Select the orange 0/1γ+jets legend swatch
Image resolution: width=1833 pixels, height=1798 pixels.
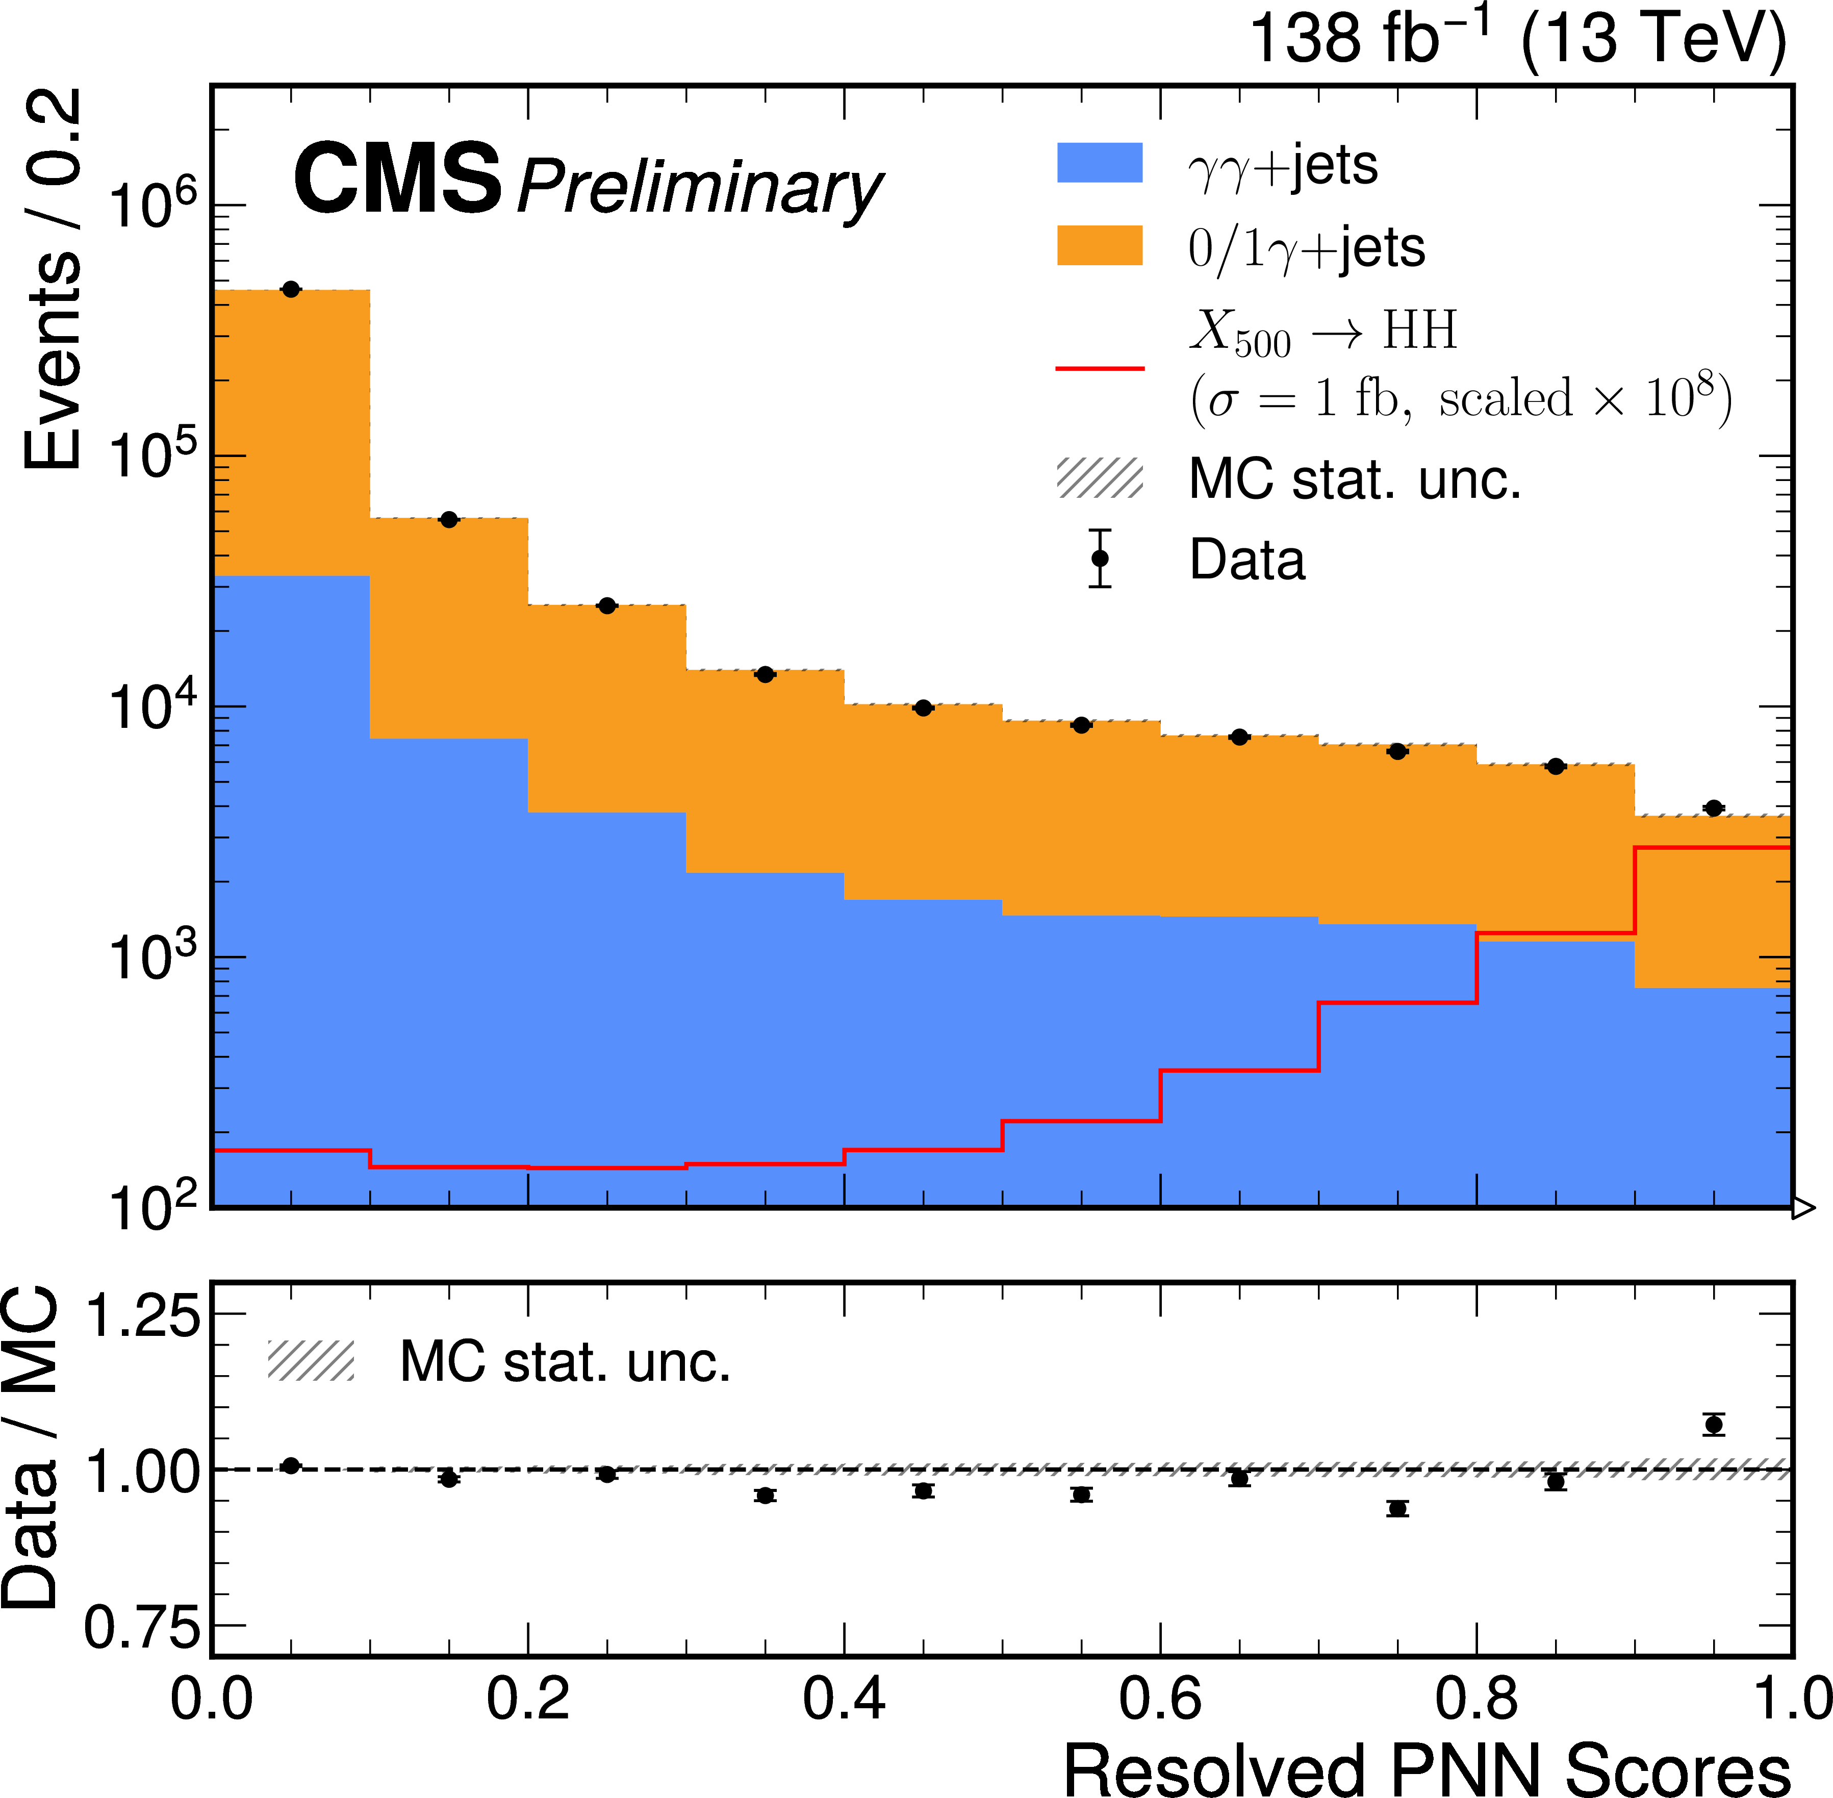point(1099,245)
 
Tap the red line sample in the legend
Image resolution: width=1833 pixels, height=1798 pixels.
point(1099,367)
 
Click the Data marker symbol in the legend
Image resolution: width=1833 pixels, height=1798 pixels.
point(1099,558)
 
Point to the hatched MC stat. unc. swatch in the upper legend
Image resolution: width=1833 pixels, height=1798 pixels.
point(1099,478)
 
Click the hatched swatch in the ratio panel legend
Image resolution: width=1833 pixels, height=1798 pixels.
point(311,1361)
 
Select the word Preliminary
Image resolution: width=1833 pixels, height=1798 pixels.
point(699,188)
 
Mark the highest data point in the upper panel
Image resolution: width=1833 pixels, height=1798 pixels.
point(291,289)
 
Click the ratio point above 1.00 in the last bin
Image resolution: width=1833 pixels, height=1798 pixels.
point(1714,1424)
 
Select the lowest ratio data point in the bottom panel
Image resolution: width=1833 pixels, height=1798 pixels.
point(1397,1508)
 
